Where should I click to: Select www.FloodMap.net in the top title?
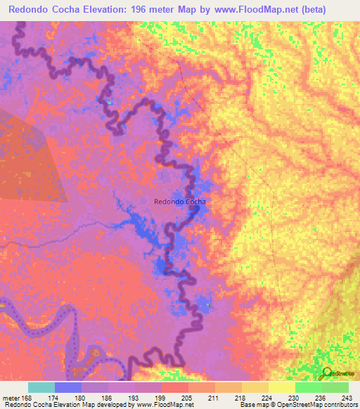pyautogui.click(x=267, y=9)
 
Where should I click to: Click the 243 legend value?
pyautogui.click(x=345, y=398)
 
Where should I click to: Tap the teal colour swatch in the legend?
pyautogui.click(x=41, y=387)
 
